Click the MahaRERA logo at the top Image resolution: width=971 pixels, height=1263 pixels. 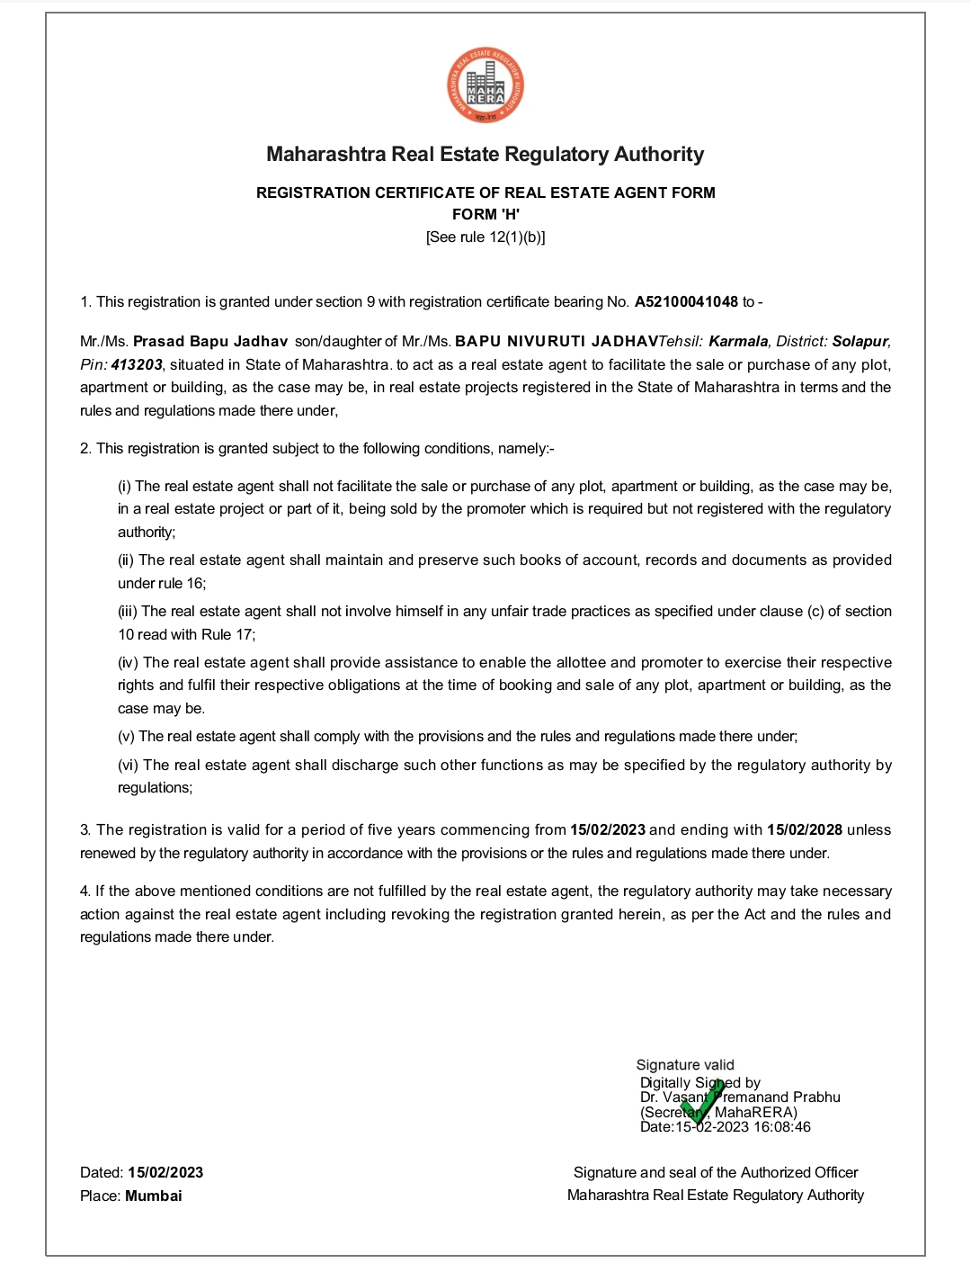pos(485,86)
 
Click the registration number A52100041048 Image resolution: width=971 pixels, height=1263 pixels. pos(686,302)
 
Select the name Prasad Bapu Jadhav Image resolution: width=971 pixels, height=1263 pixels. pos(210,342)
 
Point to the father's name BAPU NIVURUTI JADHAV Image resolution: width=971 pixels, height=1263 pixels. pos(557,342)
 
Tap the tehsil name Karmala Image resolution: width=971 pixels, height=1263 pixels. pos(738,342)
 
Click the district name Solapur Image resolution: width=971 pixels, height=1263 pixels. pos(860,342)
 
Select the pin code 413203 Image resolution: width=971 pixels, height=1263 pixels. pos(137,365)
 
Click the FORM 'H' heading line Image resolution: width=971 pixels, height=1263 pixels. pos(485,214)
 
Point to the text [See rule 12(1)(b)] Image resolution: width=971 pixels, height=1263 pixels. pos(485,237)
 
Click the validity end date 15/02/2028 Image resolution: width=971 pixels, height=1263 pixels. pos(805,830)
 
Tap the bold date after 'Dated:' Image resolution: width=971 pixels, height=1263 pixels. pos(165,1173)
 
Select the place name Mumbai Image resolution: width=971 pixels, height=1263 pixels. pos(154,1196)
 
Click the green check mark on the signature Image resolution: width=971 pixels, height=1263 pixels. pos(702,1103)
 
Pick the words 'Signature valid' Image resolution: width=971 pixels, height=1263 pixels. pos(685,1065)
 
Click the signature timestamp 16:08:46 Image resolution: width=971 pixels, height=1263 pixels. pos(781,1127)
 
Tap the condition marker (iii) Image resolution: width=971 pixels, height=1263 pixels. pos(128,612)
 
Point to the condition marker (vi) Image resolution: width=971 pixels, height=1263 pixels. pos(128,766)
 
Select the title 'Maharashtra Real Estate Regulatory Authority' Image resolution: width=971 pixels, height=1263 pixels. pos(485,155)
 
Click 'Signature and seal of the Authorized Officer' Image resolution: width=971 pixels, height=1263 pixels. pos(716,1173)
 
